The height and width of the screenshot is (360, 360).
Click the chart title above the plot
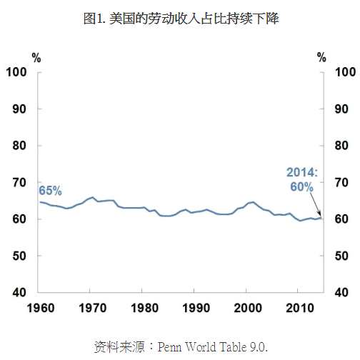coord(180,19)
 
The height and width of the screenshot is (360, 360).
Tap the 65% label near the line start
coord(50,191)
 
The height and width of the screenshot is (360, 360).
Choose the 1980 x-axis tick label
coord(142,309)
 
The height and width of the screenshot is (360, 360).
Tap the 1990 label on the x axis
coord(194,309)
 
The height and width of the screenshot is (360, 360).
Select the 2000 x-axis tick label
coord(246,309)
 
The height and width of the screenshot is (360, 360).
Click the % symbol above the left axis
coord(36,57)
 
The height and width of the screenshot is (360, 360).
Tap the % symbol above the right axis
coord(321,57)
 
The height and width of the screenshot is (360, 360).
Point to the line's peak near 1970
coord(92,197)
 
